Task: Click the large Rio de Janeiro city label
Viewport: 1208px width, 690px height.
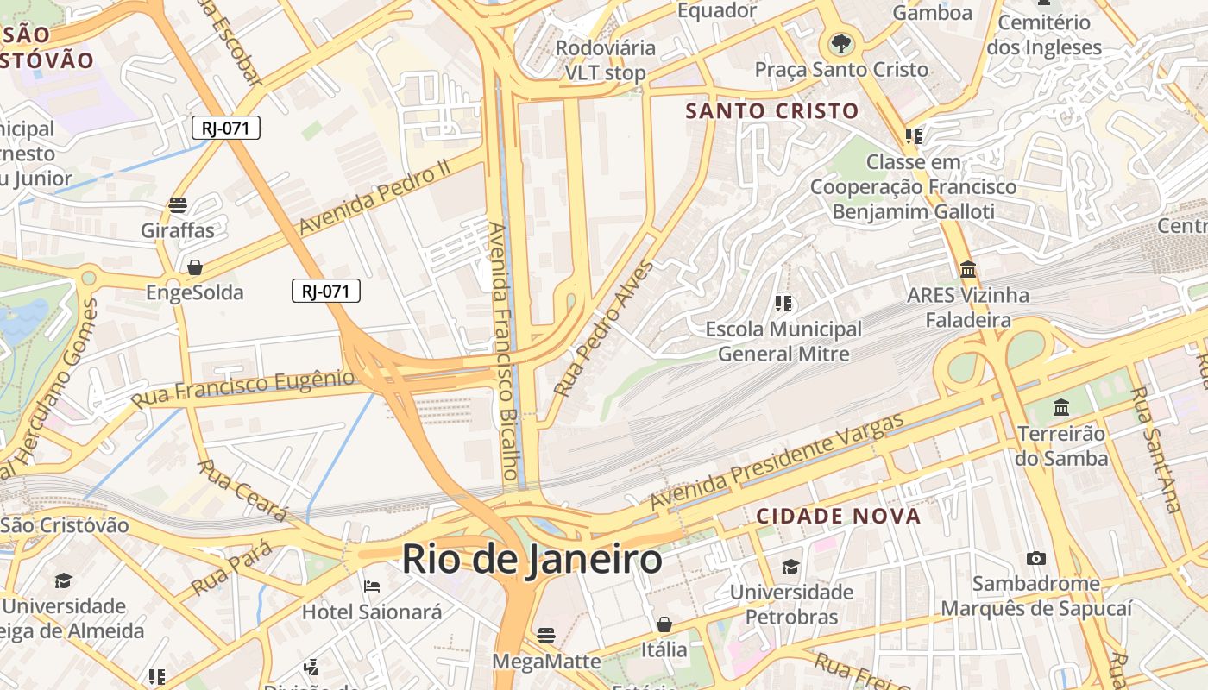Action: [532, 560]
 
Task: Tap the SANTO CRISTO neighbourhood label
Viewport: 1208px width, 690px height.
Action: [772, 110]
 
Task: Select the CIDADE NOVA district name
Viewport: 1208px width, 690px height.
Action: [839, 517]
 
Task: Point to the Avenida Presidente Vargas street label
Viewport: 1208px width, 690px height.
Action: [777, 461]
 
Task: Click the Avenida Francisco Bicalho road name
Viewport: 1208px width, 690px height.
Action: [506, 351]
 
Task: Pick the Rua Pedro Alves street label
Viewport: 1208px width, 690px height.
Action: [604, 329]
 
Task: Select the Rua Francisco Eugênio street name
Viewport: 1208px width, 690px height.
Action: [242, 389]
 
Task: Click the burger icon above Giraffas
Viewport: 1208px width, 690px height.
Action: [178, 205]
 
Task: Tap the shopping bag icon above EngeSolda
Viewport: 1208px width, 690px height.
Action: [195, 267]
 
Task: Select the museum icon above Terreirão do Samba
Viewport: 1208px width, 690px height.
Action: [1061, 407]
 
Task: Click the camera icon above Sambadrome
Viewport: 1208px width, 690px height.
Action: [1036, 559]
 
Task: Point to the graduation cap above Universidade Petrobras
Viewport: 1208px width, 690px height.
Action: [791, 567]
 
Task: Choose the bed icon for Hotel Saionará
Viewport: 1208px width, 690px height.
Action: [372, 586]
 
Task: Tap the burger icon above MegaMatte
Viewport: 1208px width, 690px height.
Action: [545, 636]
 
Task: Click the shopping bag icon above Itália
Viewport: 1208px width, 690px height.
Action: [664, 624]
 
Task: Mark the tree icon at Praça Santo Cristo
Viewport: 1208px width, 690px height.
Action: [840, 43]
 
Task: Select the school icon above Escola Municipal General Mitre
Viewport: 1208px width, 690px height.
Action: [783, 303]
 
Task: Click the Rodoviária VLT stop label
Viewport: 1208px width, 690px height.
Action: [605, 60]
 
